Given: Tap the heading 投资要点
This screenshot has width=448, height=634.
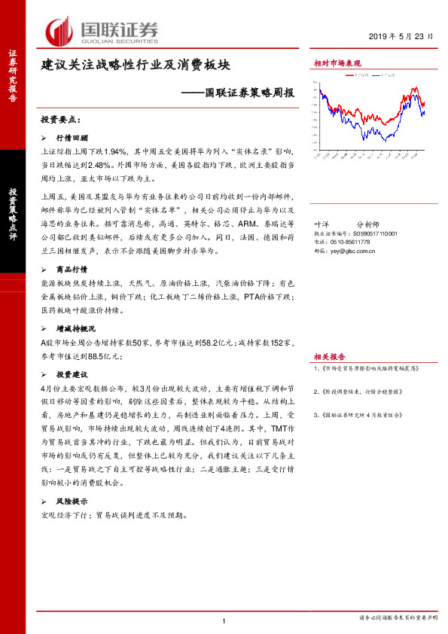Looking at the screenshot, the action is [x=60, y=120].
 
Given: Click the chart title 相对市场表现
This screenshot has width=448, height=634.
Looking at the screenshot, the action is [x=337, y=63].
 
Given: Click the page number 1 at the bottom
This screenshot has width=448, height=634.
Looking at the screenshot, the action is [x=225, y=620].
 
